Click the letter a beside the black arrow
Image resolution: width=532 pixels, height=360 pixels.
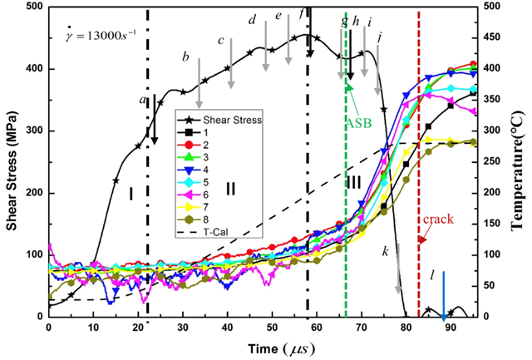pyautogui.click(x=142, y=100)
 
